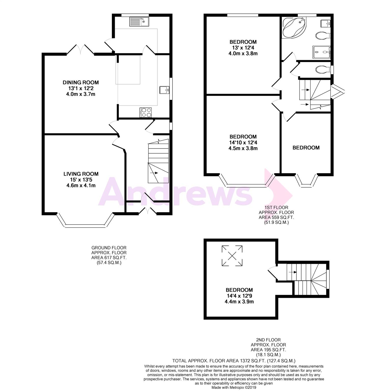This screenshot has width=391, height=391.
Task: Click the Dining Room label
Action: point(81,82)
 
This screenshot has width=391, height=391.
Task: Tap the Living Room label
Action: point(81,174)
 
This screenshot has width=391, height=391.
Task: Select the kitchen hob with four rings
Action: point(146,113)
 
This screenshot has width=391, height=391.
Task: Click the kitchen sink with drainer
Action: point(139,22)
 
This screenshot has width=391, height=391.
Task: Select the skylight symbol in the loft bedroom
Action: point(232,256)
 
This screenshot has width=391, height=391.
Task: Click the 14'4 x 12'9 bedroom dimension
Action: point(239,296)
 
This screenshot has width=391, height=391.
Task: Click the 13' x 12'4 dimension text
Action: point(243,48)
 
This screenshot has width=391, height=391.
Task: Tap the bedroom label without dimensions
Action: point(306,148)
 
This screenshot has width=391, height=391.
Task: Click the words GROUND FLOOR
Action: point(109,248)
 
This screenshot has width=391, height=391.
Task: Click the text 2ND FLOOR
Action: point(268,340)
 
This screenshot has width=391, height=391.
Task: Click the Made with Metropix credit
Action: point(234,387)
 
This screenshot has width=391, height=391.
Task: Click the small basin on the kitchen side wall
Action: point(164,90)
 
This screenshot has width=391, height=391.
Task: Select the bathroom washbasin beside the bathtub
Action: point(326,23)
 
